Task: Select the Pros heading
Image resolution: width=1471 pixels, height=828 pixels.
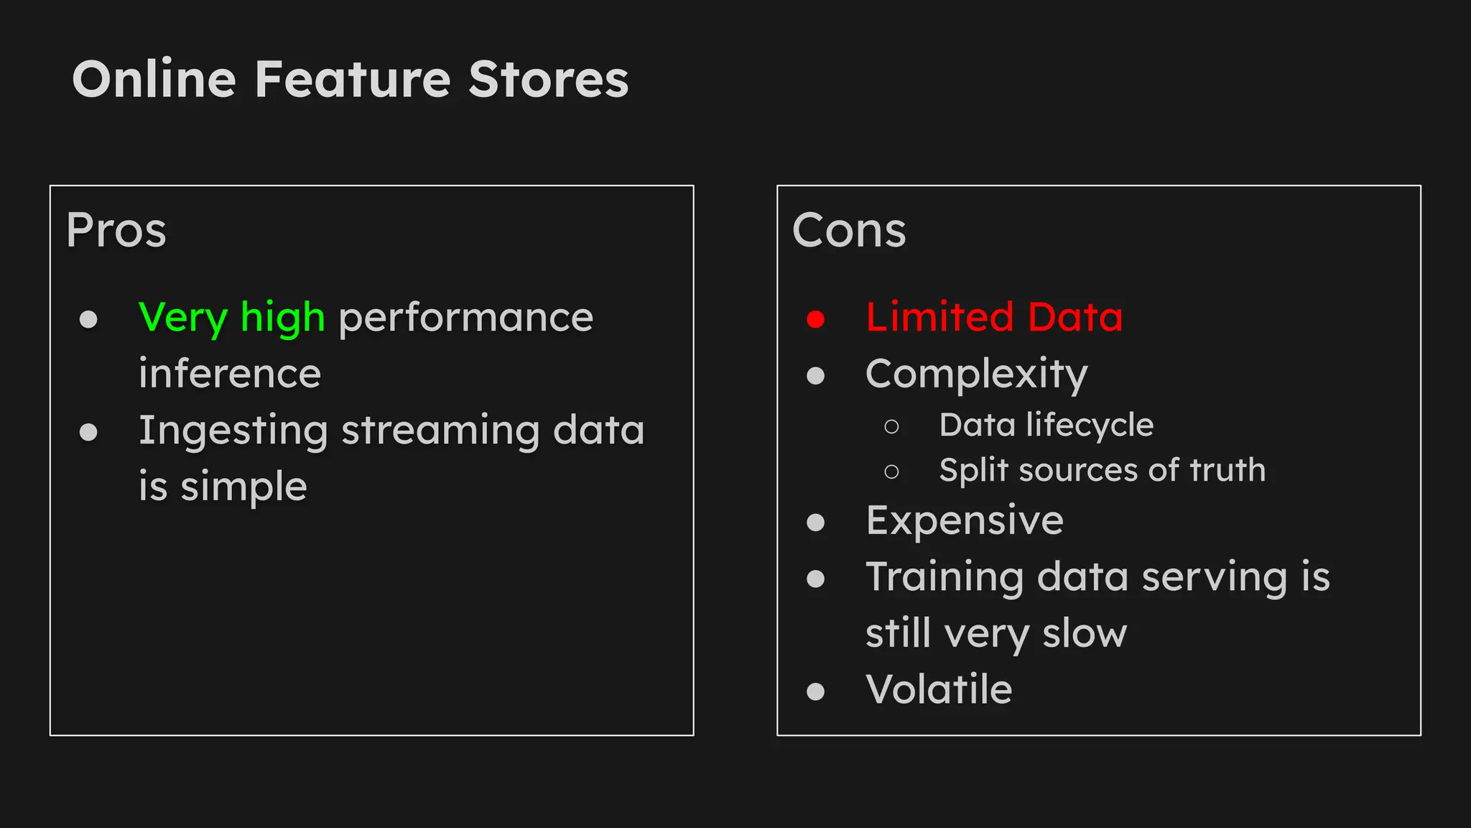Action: (x=116, y=230)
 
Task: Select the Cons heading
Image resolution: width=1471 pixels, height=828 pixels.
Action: (x=849, y=230)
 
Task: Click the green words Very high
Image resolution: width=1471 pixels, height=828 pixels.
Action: (x=231, y=318)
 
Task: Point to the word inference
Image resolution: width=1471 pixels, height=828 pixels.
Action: (x=230, y=374)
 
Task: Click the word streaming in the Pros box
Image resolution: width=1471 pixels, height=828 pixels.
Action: (x=440, y=431)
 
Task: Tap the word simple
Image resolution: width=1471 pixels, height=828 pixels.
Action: (x=244, y=487)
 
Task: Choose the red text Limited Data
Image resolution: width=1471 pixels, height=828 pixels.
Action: (x=994, y=318)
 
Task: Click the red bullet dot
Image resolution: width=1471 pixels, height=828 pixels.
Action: (x=815, y=319)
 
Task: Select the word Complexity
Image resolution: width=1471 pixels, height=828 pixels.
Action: (x=976, y=374)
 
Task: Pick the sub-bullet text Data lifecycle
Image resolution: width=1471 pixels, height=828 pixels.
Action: (x=1046, y=425)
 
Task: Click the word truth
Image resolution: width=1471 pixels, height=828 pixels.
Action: (x=1228, y=470)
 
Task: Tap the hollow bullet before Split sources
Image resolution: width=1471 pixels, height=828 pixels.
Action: (x=891, y=472)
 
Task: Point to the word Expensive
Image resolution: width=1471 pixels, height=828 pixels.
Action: (x=965, y=520)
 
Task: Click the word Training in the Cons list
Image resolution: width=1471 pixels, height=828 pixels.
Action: (x=945, y=577)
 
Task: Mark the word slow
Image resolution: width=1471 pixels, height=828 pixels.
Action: (x=1085, y=634)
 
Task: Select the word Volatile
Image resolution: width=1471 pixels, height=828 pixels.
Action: (x=939, y=690)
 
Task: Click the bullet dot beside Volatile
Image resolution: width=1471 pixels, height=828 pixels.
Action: (x=815, y=691)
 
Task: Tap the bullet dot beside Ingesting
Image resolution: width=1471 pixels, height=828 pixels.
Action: (x=88, y=432)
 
